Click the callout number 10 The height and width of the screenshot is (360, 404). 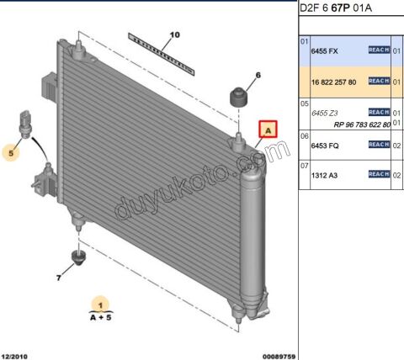point(175,35)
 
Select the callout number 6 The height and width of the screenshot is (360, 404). point(258,76)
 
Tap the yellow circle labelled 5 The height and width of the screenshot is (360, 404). point(12,152)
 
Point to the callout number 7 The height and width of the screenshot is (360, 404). point(59,277)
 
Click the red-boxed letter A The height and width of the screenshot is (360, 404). point(268,130)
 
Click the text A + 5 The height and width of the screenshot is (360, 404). point(100,317)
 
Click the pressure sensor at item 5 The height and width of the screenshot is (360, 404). point(28,121)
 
